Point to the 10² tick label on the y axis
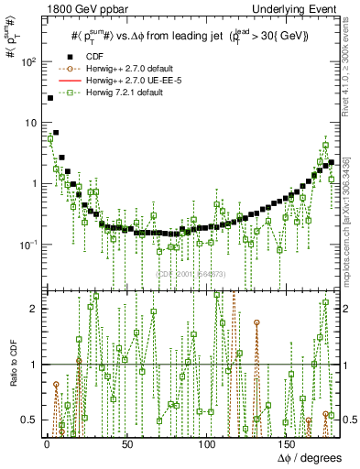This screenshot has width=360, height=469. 27,62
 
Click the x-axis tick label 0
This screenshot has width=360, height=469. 46,444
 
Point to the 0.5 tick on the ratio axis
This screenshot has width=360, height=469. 28,420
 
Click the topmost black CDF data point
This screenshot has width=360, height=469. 49,98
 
